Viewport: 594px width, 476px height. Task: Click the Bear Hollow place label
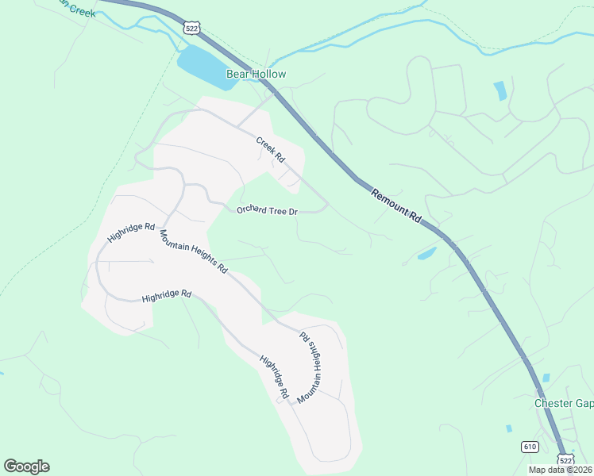(256, 75)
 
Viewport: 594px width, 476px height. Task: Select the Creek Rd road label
(270, 149)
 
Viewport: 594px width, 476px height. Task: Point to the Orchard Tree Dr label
(267, 210)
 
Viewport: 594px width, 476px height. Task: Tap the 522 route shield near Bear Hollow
(191, 28)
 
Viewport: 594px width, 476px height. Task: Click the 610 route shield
(530, 447)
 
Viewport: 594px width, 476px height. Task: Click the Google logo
(27, 466)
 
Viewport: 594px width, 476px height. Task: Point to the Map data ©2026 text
(561, 470)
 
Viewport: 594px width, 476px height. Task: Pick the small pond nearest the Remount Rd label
(426, 254)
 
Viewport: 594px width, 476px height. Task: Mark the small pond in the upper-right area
(499, 90)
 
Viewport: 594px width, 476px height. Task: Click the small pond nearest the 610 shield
(508, 428)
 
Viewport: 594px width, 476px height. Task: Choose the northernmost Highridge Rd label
(131, 232)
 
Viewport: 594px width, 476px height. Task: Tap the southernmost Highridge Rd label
(273, 377)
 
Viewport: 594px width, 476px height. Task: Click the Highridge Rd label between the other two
(167, 296)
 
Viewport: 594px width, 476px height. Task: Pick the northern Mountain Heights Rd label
(193, 252)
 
